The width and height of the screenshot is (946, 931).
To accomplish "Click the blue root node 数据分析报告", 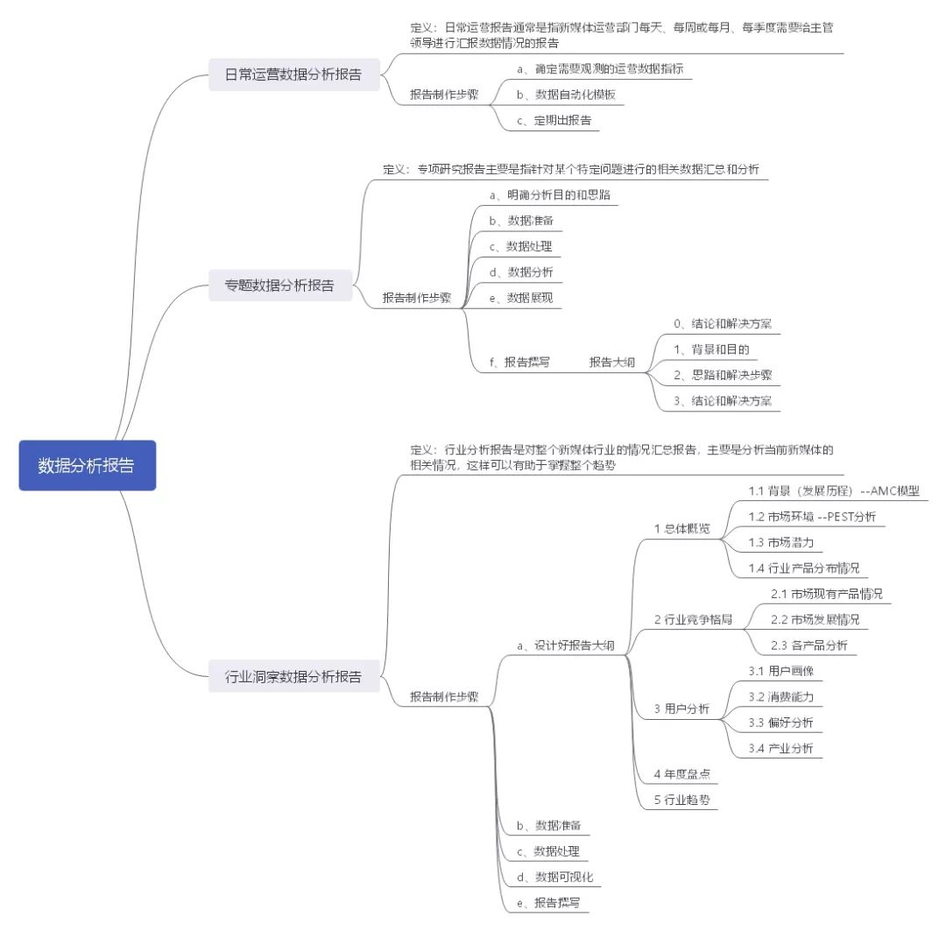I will point(87,465).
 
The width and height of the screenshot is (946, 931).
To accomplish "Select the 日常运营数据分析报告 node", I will point(293,74).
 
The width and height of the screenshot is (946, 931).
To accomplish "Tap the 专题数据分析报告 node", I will point(279,285).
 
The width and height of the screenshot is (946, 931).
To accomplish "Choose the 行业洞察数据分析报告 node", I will point(293,676).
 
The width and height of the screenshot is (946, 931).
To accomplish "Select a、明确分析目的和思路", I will point(550,194).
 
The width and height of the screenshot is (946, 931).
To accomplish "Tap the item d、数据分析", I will point(521,272).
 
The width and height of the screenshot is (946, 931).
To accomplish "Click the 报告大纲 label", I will point(611,362).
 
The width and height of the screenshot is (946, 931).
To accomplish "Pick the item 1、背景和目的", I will point(711,349).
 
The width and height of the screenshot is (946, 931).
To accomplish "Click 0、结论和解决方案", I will point(723,323).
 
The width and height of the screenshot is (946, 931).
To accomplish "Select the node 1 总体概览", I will point(682,529).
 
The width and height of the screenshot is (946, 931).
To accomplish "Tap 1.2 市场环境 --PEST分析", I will point(812,516).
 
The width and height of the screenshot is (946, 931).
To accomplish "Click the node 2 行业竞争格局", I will point(693,619).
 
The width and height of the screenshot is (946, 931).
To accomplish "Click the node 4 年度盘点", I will point(681,774).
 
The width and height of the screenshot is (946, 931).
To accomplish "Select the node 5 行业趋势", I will point(681,800).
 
